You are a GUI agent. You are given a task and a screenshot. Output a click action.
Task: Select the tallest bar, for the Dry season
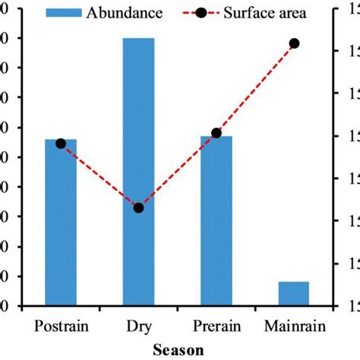coord(138,175)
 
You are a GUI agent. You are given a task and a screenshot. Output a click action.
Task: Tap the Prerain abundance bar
coord(216,224)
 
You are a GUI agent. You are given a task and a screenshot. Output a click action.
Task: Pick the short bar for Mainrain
coord(294,293)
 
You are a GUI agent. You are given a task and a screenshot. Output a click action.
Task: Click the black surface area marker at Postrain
coord(61,144)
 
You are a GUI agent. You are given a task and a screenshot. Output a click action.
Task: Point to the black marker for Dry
coord(138,207)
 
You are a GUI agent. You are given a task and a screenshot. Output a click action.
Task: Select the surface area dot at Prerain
coord(216,133)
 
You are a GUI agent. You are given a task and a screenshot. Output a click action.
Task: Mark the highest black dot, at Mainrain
coord(295,43)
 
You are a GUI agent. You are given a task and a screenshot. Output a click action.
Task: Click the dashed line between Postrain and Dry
coord(99,175)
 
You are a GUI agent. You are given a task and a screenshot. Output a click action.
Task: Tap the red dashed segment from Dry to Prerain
coord(177,170)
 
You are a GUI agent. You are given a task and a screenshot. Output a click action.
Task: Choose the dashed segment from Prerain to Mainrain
coord(255,88)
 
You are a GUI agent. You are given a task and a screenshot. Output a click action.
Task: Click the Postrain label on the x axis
coord(62,327)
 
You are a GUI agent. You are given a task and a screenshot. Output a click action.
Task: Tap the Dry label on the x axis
coord(139,327)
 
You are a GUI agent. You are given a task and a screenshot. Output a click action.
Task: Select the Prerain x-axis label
coord(216,327)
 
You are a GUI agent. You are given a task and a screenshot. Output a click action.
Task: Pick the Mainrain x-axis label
coord(295,327)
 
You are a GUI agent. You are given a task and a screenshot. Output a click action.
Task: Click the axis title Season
coord(178,350)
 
